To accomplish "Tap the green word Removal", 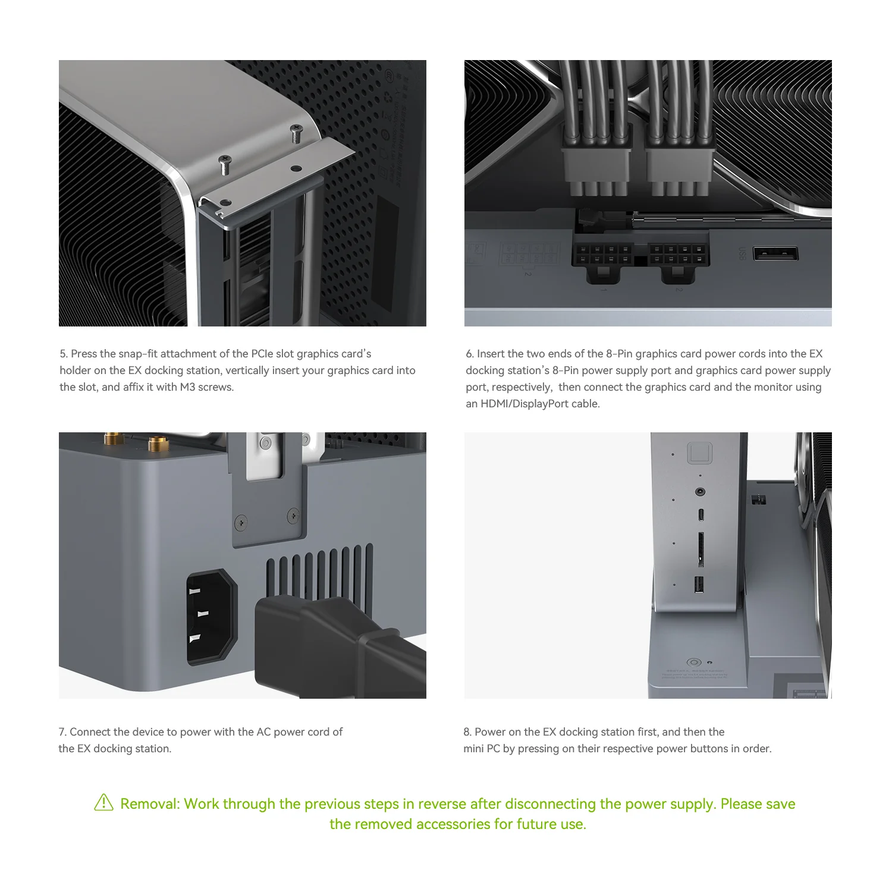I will [x=149, y=804].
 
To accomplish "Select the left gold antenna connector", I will [x=111, y=439].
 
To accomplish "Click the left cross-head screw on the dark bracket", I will [x=240, y=523].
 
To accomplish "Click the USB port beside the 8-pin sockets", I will [x=775, y=253].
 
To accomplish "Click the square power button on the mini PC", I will [x=699, y=453].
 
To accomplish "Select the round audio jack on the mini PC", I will [x=701, y=492].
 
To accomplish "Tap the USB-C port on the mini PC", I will [x=701, y=514].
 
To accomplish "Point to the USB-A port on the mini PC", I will [x=699, y=585].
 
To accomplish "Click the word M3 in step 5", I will [x=188, y=387].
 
